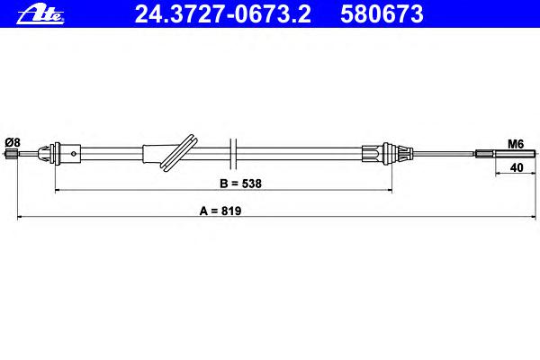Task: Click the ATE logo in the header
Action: (x=40, y=14)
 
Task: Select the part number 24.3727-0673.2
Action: (x=223, y=14)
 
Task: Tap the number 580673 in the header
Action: (x=382, y=14)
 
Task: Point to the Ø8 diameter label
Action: (x=13, y=142)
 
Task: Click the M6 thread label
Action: (x=516, y=144)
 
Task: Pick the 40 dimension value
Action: (x=517, y=167)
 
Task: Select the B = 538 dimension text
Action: (x=240, y=184)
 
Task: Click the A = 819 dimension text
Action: (x=220, y=211)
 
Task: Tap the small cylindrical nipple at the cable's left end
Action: (x=12, y=154)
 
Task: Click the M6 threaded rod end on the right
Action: (x=506, y=154)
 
